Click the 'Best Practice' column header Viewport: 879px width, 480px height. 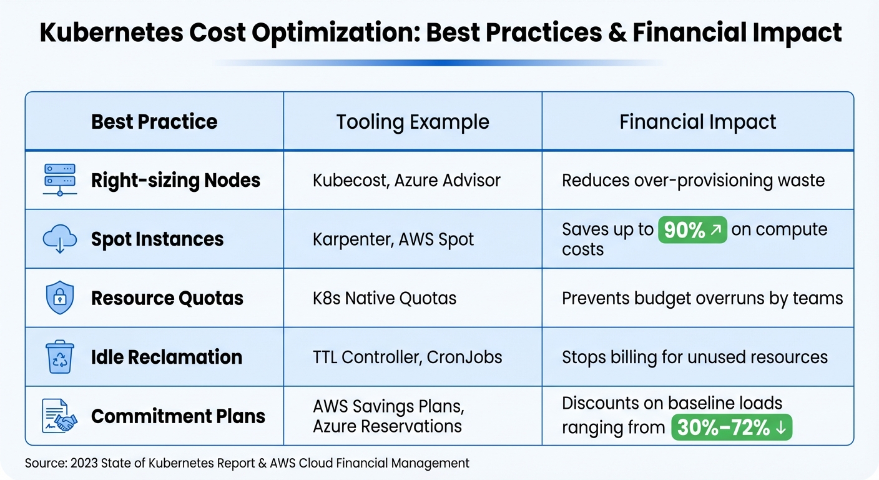[x=154, y=121]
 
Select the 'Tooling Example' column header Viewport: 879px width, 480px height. [x=413, y=122]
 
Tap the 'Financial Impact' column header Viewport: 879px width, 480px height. [x=697, y=122]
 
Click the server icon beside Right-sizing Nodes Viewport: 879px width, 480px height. [x=60, y=180]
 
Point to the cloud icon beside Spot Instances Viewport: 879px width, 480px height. [x=60, y=239]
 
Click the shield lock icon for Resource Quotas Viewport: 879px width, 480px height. [x=60, y=298]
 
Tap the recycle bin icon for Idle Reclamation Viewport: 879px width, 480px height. [x=60, y=357]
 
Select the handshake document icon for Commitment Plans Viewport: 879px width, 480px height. [x=60, y=416]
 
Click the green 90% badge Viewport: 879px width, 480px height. [x=692, y=230]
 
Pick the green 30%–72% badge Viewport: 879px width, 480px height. [x=731, y=427]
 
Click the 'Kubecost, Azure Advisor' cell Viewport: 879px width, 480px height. [x=406, y=181]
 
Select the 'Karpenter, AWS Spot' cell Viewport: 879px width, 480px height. [x=393, y=239]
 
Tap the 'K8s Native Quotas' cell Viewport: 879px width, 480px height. [x=385, y=298]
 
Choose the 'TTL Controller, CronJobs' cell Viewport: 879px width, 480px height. [x=407, y=357]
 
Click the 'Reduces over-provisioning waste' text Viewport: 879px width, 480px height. [x=693, y=181]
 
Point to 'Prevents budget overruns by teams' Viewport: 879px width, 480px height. [x=702, y=298]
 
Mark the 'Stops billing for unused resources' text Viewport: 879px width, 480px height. [x=694, y=357]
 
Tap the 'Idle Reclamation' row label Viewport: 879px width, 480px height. [x=167, y=357]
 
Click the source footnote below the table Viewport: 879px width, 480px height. [x=247, y=463]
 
